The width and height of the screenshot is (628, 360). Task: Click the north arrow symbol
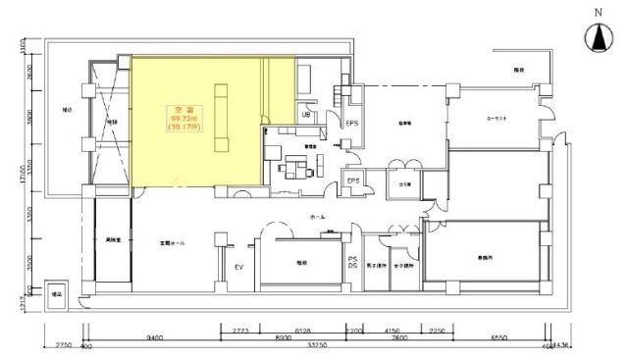(595, 40)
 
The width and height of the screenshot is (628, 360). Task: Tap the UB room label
(306, 116)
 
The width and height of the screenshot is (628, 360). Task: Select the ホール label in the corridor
(317, 216)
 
